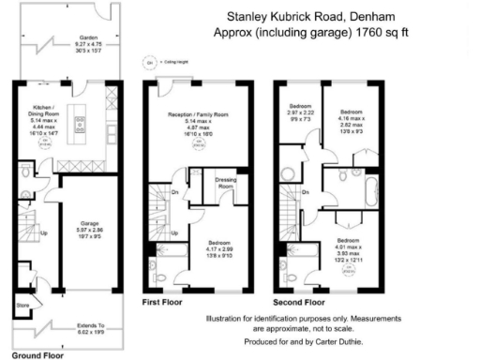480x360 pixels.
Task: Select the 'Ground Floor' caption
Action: click(x=37, y=355)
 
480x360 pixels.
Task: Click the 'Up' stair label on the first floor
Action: click(x=174, y=233)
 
